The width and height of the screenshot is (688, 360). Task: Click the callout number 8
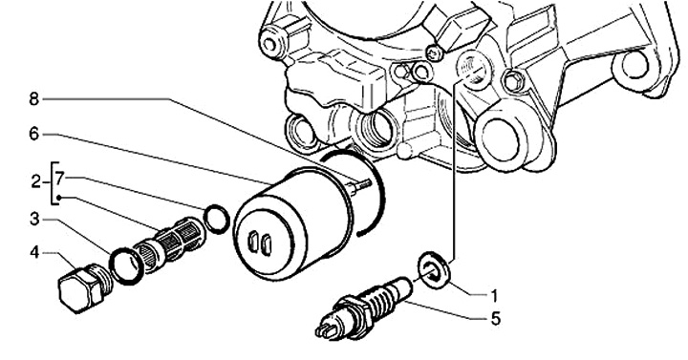34,99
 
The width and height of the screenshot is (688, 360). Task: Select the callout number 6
34,134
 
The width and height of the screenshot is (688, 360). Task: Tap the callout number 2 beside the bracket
36,181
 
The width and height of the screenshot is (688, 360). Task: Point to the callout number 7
60,178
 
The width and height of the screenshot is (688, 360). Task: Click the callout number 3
34,219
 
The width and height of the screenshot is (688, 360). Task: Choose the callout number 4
34,252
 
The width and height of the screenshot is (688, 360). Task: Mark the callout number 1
494,296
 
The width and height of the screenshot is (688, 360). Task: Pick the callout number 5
495,319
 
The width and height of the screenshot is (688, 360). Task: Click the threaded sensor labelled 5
364,307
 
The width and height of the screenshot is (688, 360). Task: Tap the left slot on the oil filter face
253,242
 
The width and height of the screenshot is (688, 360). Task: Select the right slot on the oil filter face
267,245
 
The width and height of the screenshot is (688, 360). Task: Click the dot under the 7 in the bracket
59,198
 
